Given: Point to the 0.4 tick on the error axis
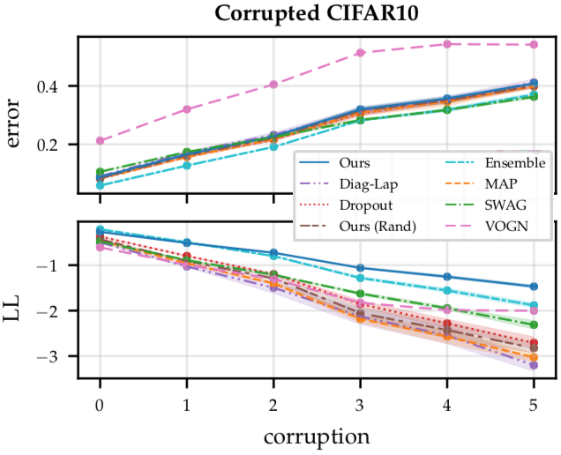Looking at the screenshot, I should [58, 86].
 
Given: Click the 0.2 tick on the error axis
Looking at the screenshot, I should [58, 144].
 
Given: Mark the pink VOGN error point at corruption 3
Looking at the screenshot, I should [360, 53].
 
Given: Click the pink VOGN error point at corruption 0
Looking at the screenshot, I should [100, 140].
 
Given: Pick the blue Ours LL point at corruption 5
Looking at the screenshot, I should [534, 287].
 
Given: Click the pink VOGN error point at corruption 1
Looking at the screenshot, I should [186, 109].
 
